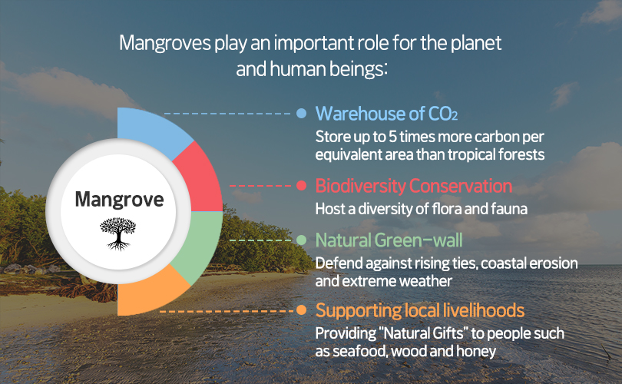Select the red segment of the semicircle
[x=200, y=178]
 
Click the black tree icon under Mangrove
[x=117, y=234]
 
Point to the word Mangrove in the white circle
[x=119, y=200]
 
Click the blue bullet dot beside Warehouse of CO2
[x=302, y=114]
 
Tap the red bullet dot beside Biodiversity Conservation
[x=302, y=185]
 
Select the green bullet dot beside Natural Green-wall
[x=302, y=240]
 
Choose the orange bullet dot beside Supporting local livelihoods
[x=302, y=310]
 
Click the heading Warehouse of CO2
[x=386, y=114]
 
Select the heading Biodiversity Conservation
[x=414, y=186]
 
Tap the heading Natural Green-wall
[x=389, y=240]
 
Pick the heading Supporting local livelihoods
[x=420, y=310]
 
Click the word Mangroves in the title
[x=164, y=44]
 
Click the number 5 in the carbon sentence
[x=392, y=137]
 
